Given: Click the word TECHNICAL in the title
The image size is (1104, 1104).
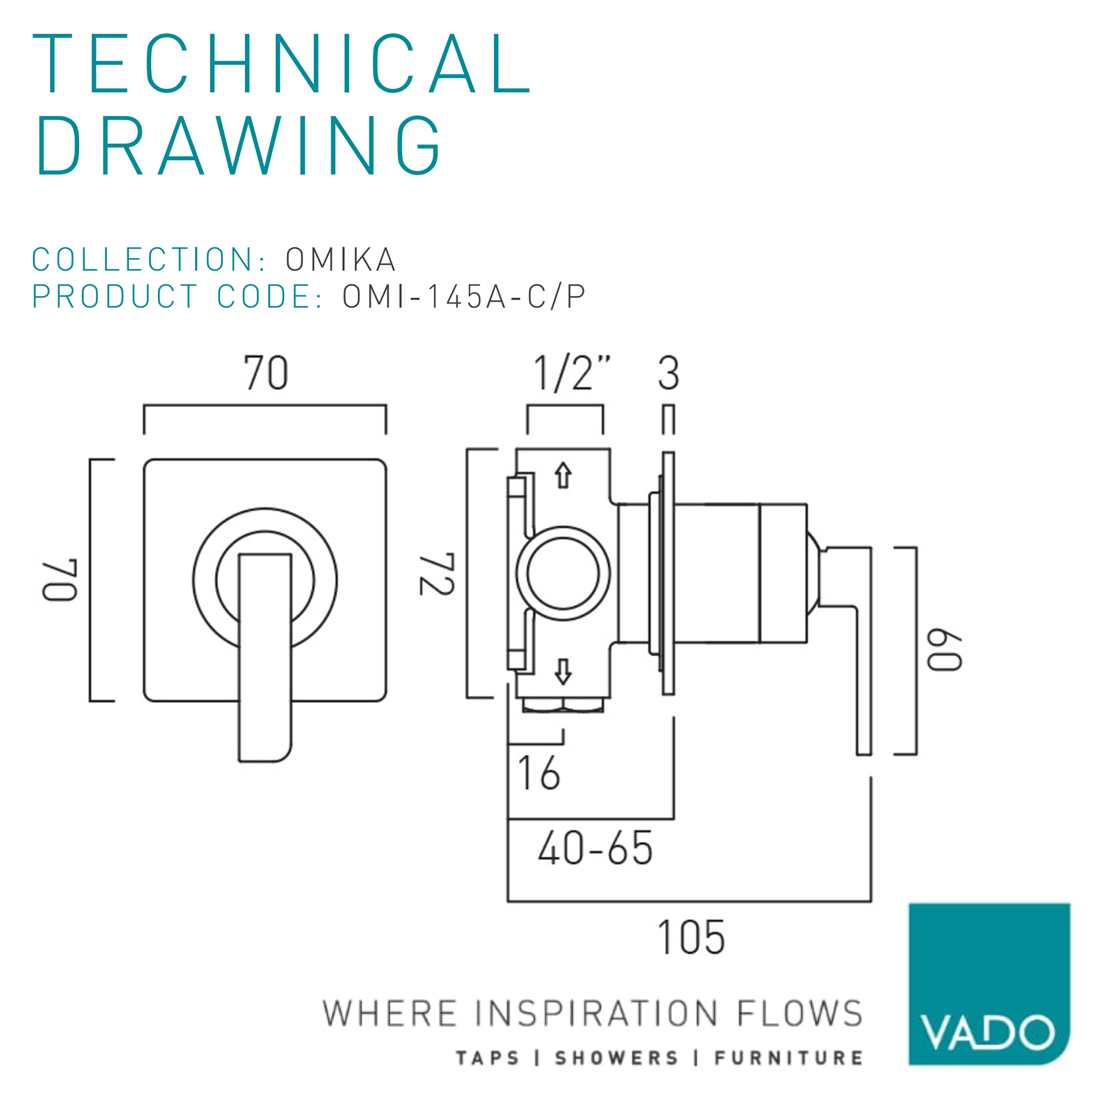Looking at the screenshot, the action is pyautogui.click(x=282, y=63).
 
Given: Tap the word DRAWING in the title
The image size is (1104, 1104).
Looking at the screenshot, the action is pyautogui.click(x=238, y=145).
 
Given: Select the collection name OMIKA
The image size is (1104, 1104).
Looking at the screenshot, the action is pyautogui.click(x=341, y=259).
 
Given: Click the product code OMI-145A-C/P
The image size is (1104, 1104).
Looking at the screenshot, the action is pyautogui.click(x=464, y=296).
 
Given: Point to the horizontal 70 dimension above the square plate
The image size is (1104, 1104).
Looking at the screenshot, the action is pyautogui.click(x=266, y=373).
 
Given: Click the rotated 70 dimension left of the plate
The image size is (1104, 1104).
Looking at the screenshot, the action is pyautogui.click(x=60, y=580).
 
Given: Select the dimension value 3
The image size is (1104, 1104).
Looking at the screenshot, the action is pyautogui.click(x=668, y=373).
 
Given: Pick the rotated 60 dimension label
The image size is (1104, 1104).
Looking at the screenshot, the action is pyautogui.click(x=944, y=650).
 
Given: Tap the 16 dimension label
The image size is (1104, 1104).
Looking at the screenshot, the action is pyautogui.click(x=539, y=773).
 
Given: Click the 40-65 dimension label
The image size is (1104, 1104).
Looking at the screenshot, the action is pyautogui.click(x=595, y=848).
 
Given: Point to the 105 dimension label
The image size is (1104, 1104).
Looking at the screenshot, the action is pyautogui.click(x=692, y=937).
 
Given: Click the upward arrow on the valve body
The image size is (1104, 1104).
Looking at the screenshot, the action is pyautogui.click(x=564, y=475).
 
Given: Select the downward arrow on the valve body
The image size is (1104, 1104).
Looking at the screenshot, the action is pyautogui.click(x=564, y=671).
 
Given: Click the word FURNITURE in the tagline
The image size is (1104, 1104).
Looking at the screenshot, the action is pyautogui.click(x=789, y=1058).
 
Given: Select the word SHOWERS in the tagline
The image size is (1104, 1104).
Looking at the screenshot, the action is pyautogui.click(x=617, y=1058).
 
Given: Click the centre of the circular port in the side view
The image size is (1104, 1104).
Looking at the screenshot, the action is pyautogui.click(x=563, y=573).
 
